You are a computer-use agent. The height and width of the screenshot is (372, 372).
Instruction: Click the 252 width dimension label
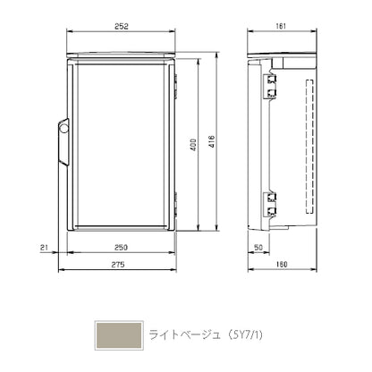tap(122, 26)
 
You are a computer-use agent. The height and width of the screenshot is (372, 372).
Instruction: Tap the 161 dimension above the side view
tap(281, 26)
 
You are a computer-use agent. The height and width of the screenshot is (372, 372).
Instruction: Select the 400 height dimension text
tap(193, 145)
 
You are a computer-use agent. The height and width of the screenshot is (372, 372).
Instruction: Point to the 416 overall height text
tap(211, 142)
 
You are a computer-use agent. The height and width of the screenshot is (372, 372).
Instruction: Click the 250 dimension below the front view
tap(121, 248)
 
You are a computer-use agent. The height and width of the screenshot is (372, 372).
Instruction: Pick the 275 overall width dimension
tap(118, 265)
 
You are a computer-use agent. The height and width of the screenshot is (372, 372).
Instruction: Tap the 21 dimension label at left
tap(44, 248)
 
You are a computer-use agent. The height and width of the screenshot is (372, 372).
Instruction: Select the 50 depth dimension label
tap(258, 248)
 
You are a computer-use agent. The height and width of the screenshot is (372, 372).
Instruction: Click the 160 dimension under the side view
tap(282, 265)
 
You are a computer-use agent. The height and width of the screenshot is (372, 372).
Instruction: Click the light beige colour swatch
tap(119, 335)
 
